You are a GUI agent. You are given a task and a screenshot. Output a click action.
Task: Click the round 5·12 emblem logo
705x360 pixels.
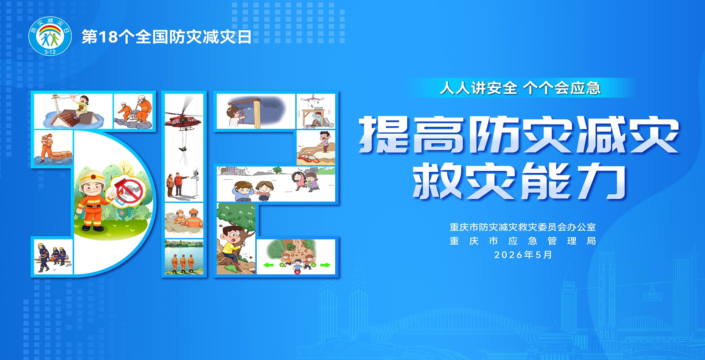click(x=50, y=36)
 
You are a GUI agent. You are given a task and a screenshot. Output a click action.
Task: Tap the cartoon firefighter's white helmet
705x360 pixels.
click(x=92, y=177)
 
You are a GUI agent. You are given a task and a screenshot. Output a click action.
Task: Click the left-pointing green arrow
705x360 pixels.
click(x=268, y=265)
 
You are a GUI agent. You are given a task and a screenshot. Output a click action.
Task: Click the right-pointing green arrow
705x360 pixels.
click(x=325, y=265)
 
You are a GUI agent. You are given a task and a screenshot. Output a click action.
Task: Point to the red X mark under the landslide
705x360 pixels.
click(x=297, y=272)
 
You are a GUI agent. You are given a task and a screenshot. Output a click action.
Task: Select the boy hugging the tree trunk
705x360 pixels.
click(x=231, y=244)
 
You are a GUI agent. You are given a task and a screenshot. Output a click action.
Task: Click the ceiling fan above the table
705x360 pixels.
click(x=315, y=98)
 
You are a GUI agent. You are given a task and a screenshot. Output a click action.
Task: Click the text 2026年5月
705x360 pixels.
click(x=523, y=255)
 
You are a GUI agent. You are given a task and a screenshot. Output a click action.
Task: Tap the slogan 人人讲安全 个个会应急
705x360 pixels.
click(x=520, y=88)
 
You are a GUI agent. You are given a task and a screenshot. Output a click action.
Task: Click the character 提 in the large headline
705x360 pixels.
click(x=384, y=134)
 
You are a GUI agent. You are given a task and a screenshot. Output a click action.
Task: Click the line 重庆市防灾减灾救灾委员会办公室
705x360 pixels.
click(x=523, y=227)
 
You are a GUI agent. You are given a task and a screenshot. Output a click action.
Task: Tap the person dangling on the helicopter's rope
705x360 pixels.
click(x=182, y=149)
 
